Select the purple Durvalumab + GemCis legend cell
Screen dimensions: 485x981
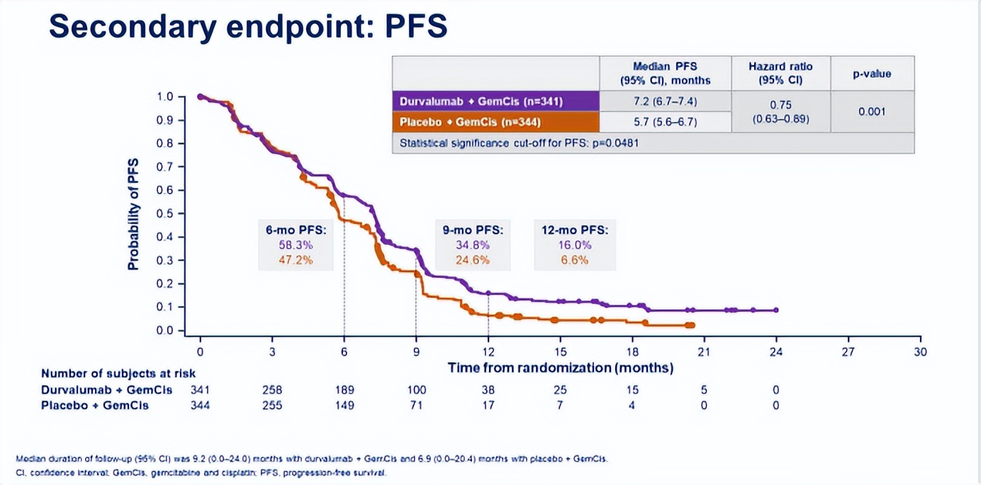(x=495, y=101)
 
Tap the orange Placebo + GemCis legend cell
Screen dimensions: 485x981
(x=495, y=122)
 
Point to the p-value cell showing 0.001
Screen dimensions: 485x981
(x=872, y=111)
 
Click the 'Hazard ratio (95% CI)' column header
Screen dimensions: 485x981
(x=780, y=73)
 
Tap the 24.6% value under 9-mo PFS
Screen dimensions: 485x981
(x=472, y=260)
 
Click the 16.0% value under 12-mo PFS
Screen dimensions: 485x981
(x=574, y=245)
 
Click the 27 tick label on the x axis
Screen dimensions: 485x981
(x=848, y=351)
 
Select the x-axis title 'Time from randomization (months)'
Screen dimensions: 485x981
(x=560, y=367)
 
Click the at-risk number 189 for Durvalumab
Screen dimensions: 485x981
(x=344, y=389)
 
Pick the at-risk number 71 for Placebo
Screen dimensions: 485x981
(x=416, y=406)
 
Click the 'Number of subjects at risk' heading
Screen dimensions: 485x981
(x=118, y=373)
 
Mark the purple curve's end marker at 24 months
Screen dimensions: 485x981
(x=776, y=310)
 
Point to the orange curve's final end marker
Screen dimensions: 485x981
(x=691, y=325)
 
